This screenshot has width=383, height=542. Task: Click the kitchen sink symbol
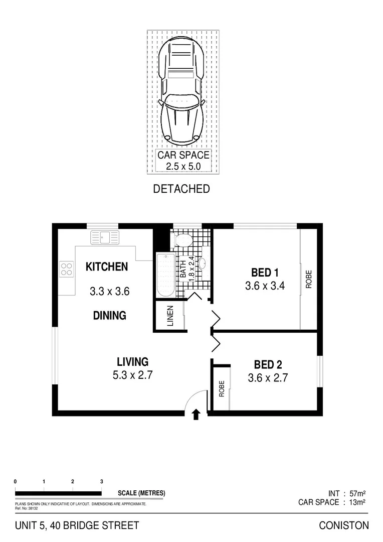(x=104, y=236)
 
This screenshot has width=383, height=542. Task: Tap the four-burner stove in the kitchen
(x=66, y=269)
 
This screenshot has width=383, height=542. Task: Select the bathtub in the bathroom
(x=165, y=275)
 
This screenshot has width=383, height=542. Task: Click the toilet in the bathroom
(x=181, y=239)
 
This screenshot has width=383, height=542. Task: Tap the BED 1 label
(x=265, y=273)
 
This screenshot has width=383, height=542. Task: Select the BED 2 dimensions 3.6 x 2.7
(x=268, y=378)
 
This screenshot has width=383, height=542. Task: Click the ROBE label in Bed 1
(x=308, y=280)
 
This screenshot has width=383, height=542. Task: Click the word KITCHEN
(x=107, y=266)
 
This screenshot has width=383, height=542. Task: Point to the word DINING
(x=109, y=316)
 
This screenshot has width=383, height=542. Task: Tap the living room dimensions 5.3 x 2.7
(x=132, y=375)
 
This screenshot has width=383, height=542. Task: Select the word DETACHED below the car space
(x=181, y=189)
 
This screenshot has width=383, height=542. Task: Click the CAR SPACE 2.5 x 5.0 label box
(x=183, y=161)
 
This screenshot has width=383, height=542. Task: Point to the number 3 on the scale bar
(x=102, y=481)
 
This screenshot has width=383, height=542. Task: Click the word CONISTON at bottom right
(x=344, y=525)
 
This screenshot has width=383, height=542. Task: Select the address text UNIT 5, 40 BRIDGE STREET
(x=77, y=525)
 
